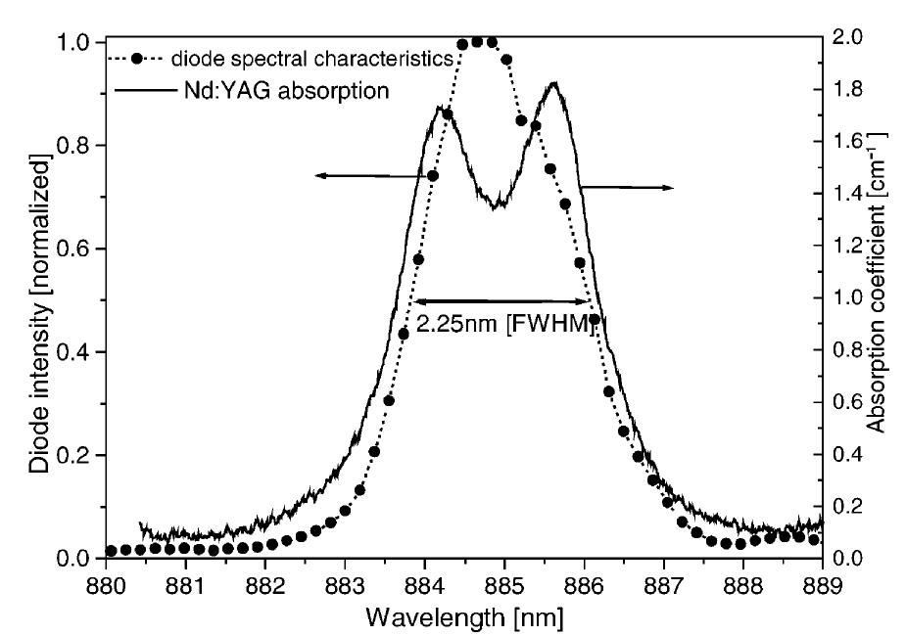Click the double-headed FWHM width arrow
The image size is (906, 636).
pyautogui.click(x=500, y=300)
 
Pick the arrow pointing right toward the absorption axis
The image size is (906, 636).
pyautogui.click(x=627, y=186)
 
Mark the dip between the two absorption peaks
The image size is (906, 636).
pyautogui.click(x=497, y=204)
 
